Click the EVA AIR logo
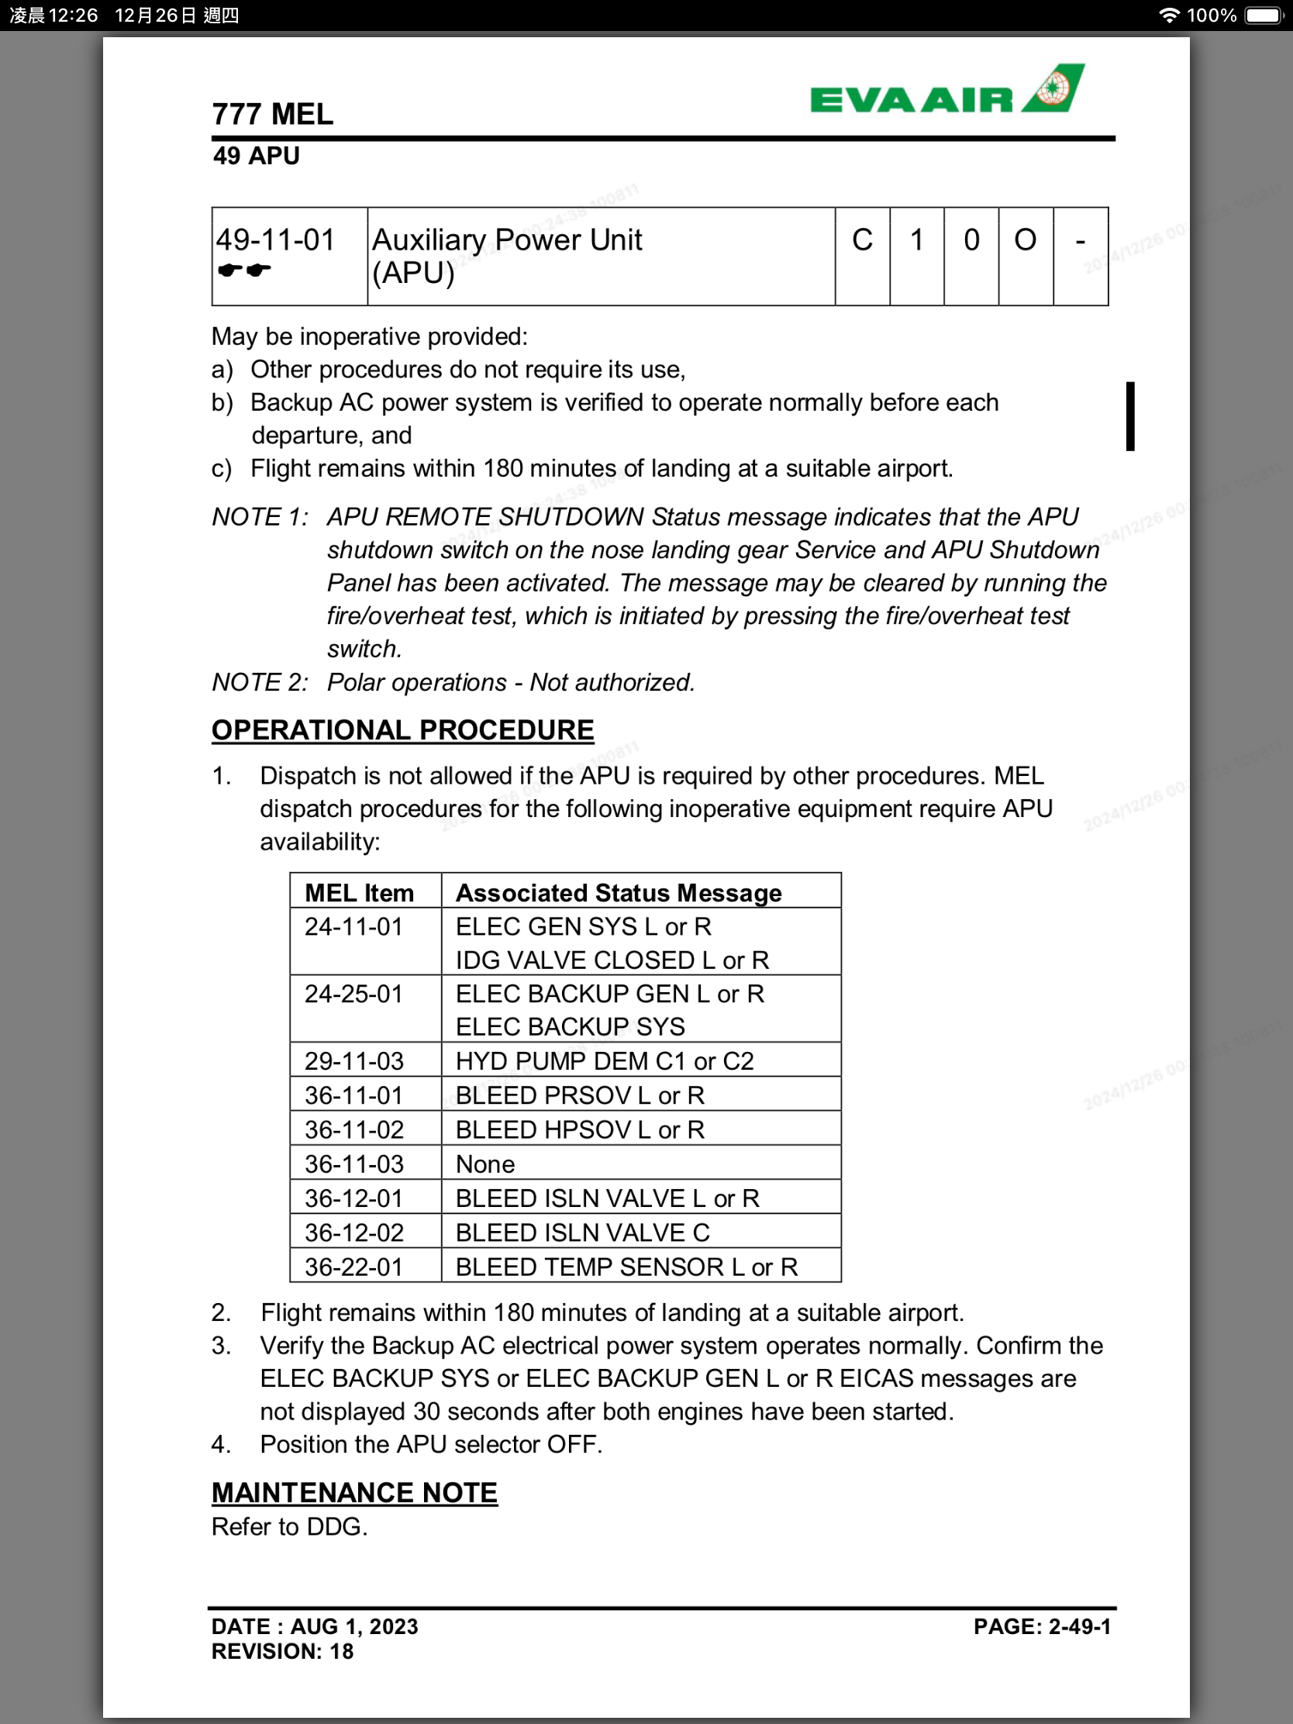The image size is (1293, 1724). pos(946,91)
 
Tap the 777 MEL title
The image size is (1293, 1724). pos(273,115)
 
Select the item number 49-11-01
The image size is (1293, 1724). pos(275,240)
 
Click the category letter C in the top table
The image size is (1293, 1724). pos(862,240)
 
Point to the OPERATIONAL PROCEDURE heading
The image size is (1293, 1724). pos(402,730)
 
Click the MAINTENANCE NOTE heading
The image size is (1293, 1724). pos(354,1492)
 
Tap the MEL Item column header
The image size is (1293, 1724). pos(360,892)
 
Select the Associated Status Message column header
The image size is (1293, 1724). pos(618,892)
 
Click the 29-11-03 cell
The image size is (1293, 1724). pos(353,1060)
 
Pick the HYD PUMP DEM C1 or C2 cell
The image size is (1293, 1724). pos(605,1060)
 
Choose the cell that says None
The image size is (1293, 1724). pos(484,1164)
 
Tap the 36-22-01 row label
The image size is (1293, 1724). pos(353,1267)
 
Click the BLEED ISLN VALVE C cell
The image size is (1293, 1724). pos(583,1233)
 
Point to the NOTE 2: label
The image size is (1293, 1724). pos(260,682)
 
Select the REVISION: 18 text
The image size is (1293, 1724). pos(282,1651)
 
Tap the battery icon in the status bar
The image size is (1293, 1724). pos(1264,16)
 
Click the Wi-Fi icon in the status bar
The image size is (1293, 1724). pos(1168,16)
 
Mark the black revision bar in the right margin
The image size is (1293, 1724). pos(1130,416)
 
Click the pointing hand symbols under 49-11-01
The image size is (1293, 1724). pos(244,271)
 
